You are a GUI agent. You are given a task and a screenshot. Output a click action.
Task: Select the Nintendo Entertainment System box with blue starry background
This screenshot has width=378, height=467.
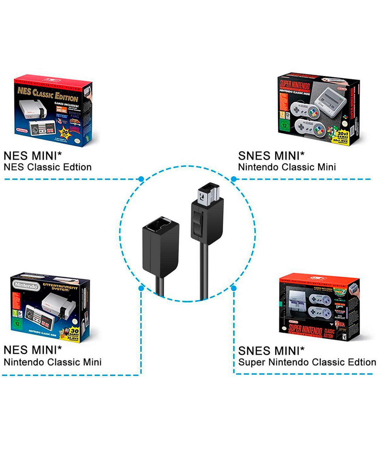tap(50, 307)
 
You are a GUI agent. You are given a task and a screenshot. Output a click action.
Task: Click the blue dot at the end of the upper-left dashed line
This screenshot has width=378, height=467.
tap(141, 179)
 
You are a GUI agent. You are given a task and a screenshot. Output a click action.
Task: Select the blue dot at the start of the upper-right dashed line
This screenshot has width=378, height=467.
tap(234, 179)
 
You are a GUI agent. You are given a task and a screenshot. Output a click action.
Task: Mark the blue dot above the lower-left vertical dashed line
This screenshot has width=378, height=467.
tap(141, 288)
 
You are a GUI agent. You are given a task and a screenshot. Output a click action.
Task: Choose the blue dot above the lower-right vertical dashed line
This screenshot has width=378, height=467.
tap(234, 288)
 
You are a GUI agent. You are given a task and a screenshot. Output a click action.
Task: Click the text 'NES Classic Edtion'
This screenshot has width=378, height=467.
tap(48, 167)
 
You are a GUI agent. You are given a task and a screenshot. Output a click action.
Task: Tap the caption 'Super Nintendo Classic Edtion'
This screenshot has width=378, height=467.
tap(307, 362)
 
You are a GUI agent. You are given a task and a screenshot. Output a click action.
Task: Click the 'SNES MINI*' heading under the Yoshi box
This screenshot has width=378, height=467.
tap(271, 156)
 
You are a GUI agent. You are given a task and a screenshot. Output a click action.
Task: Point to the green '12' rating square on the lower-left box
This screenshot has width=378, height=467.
tap(17, 323)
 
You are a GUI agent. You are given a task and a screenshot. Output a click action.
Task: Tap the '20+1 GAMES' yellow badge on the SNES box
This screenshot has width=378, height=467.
tap(342, 135)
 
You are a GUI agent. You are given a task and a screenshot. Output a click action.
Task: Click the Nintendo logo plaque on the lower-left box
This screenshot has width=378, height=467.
tap(26, 286)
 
